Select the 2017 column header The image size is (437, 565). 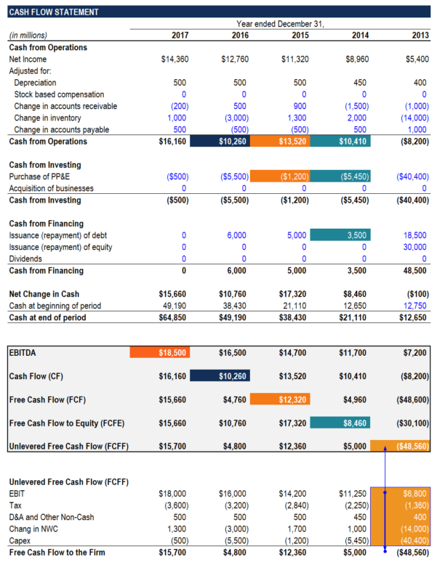[180, 35]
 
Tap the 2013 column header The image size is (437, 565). [420, 35]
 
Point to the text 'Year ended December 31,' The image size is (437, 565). [280, 24]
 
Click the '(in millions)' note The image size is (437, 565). [28, 35]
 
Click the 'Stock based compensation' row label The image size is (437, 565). [59, 94]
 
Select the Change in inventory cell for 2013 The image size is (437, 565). [414, 118]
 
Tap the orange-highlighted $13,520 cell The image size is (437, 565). [279, 142]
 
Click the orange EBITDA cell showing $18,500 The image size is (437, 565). [159, 352]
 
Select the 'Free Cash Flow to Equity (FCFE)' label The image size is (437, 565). [65, 422]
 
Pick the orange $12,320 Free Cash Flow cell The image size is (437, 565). [279, 399]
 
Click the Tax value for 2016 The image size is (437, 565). [234, 505]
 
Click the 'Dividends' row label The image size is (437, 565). [25, 259]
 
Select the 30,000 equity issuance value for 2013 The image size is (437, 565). [415, 247]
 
